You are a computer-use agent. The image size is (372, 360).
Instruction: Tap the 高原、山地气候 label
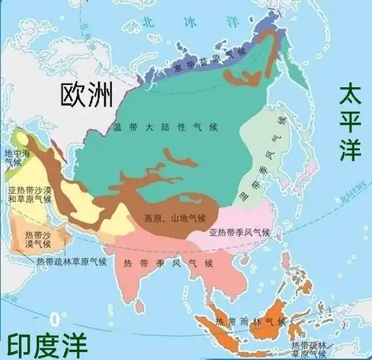(x=174, y=217)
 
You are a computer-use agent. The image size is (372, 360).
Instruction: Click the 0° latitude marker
(x=53, y=318)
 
